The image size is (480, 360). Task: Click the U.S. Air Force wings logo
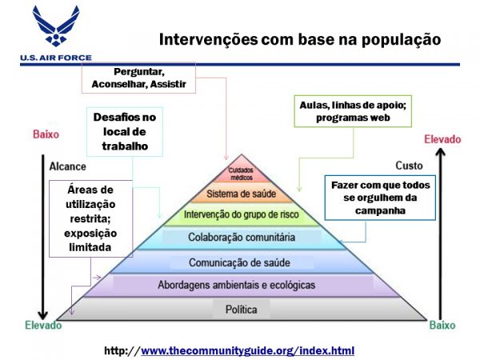[56, 26]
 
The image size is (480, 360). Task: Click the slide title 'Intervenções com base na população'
[300, 39]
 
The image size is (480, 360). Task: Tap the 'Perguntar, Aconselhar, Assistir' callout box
[138, 78]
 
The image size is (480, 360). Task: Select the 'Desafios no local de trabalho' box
[125, 132]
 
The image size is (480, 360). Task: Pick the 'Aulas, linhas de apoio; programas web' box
[353, 111]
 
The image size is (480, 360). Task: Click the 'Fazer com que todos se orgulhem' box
[380, 198]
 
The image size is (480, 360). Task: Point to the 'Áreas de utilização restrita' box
[90, 218]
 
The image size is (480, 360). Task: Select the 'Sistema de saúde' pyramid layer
[242, 194]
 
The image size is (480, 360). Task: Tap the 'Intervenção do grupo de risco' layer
[242, 214]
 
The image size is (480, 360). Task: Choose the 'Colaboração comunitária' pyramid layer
[242, 238]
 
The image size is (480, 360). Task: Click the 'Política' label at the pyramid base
[242, 310]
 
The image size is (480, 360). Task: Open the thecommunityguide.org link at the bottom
[247, 350]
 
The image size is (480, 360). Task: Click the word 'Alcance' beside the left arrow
[68, 166]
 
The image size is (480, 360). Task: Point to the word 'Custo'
[409, 166]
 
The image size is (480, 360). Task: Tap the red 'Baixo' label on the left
[46, 134]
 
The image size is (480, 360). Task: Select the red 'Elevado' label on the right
[442, 139]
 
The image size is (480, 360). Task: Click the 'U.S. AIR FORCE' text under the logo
[56, 58]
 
